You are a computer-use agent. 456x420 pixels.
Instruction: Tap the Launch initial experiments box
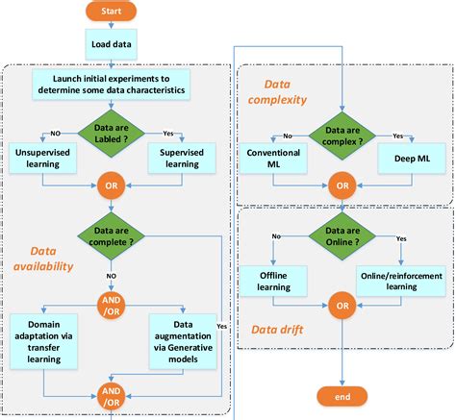click(113, 84)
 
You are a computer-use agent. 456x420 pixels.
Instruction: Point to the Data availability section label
click(43, 258)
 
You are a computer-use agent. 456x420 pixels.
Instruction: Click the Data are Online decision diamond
click(342, 236)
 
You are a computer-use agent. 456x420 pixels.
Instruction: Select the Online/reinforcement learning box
click(403, 280)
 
